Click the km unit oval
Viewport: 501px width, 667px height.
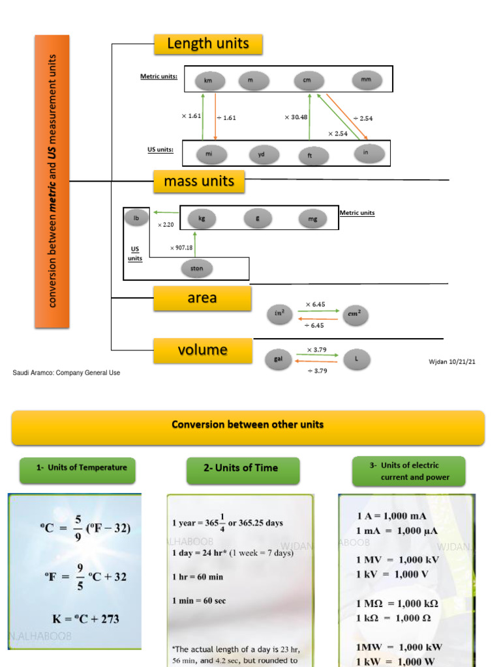(x=209, y=81)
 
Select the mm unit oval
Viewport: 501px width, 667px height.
(x=367, y=80)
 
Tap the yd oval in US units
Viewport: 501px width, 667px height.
(x=264, y=155)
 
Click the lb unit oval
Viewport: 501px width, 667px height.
(x=136, y=219)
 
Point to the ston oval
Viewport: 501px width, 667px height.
(x=196, y=268)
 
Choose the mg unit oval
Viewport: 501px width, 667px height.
(x=313, y=220)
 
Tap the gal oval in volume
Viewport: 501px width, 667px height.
(x=279, y=359)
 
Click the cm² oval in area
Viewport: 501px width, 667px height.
(x=356, y=315)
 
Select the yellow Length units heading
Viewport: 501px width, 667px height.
(x=208, y=44)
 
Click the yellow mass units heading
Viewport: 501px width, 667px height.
(x=199, y=182)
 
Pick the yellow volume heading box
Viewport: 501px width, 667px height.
(x=202, y=350)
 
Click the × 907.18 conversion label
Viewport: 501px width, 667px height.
(x=181, y=248)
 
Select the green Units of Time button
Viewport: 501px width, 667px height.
(x=243, y=468)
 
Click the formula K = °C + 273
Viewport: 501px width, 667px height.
(x=85, y=619)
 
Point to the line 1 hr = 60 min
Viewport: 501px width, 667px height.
(x=198, y=577)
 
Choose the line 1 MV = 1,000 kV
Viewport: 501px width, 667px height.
(x=397, y=560)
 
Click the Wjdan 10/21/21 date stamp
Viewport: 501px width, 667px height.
(x=451, y=362)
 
